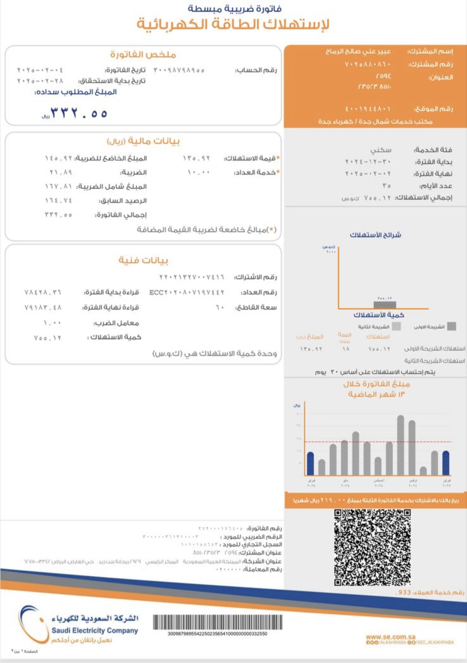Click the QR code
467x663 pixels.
[372, 547]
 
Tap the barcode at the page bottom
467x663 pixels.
[218, 622]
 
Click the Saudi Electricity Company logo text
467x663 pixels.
[95, 630]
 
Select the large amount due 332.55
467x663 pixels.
[79, 113]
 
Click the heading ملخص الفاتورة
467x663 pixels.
[143, 55]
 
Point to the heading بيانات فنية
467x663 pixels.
[143, 260]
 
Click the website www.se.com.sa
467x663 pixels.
[391, 637]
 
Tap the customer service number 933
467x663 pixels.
[404, 592]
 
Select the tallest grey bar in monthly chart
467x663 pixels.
[400, 445]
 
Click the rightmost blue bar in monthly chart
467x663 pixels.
[446, 463]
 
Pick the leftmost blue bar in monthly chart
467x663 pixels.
[310, 464]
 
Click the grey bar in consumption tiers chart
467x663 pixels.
[385, 305]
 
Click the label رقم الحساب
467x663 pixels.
[256, 70]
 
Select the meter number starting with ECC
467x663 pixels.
[187, 292]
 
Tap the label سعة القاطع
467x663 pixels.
[256, 307]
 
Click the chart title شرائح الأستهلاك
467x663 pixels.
[375, 235]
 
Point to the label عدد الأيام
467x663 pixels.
[436, 186]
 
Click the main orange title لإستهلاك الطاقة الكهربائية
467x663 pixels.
[233, 24]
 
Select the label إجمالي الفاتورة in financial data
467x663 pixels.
[121, 215]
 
